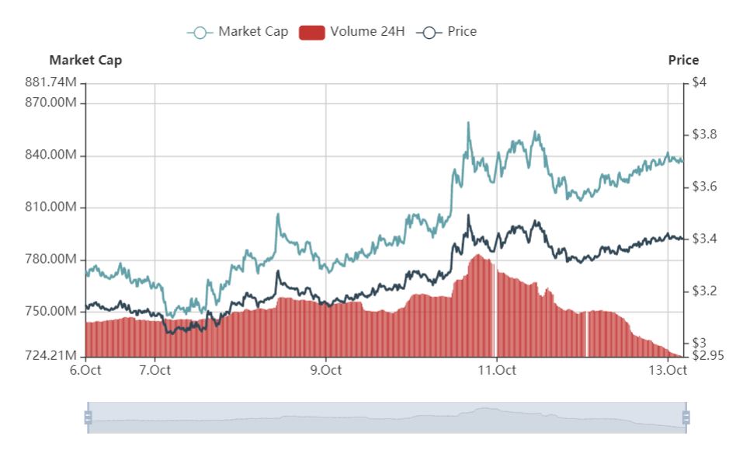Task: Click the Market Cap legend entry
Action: (x=238, y=32)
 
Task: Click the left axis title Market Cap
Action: (x=85, y=60)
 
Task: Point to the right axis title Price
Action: (x=683, y=60)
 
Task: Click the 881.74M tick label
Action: (x=51, y=82)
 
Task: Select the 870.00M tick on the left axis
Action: (x=51, y=103)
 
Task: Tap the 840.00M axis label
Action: (x=51, y=155)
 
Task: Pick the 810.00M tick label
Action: (x=51, y=208)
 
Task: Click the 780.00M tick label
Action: (x=51, y=260)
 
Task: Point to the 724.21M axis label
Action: (x=51, y=356)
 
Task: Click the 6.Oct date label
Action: (x=85, y=370)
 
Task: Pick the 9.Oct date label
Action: (x=325, y=370)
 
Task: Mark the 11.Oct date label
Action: (x=497, y=370)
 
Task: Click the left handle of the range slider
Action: (x=88, y=418)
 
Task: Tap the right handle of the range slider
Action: (x=686, y=418)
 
